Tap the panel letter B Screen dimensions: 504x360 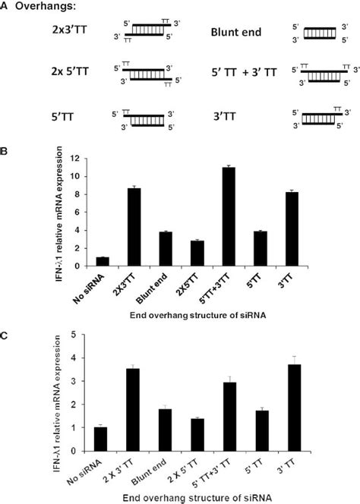pos(5,152)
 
